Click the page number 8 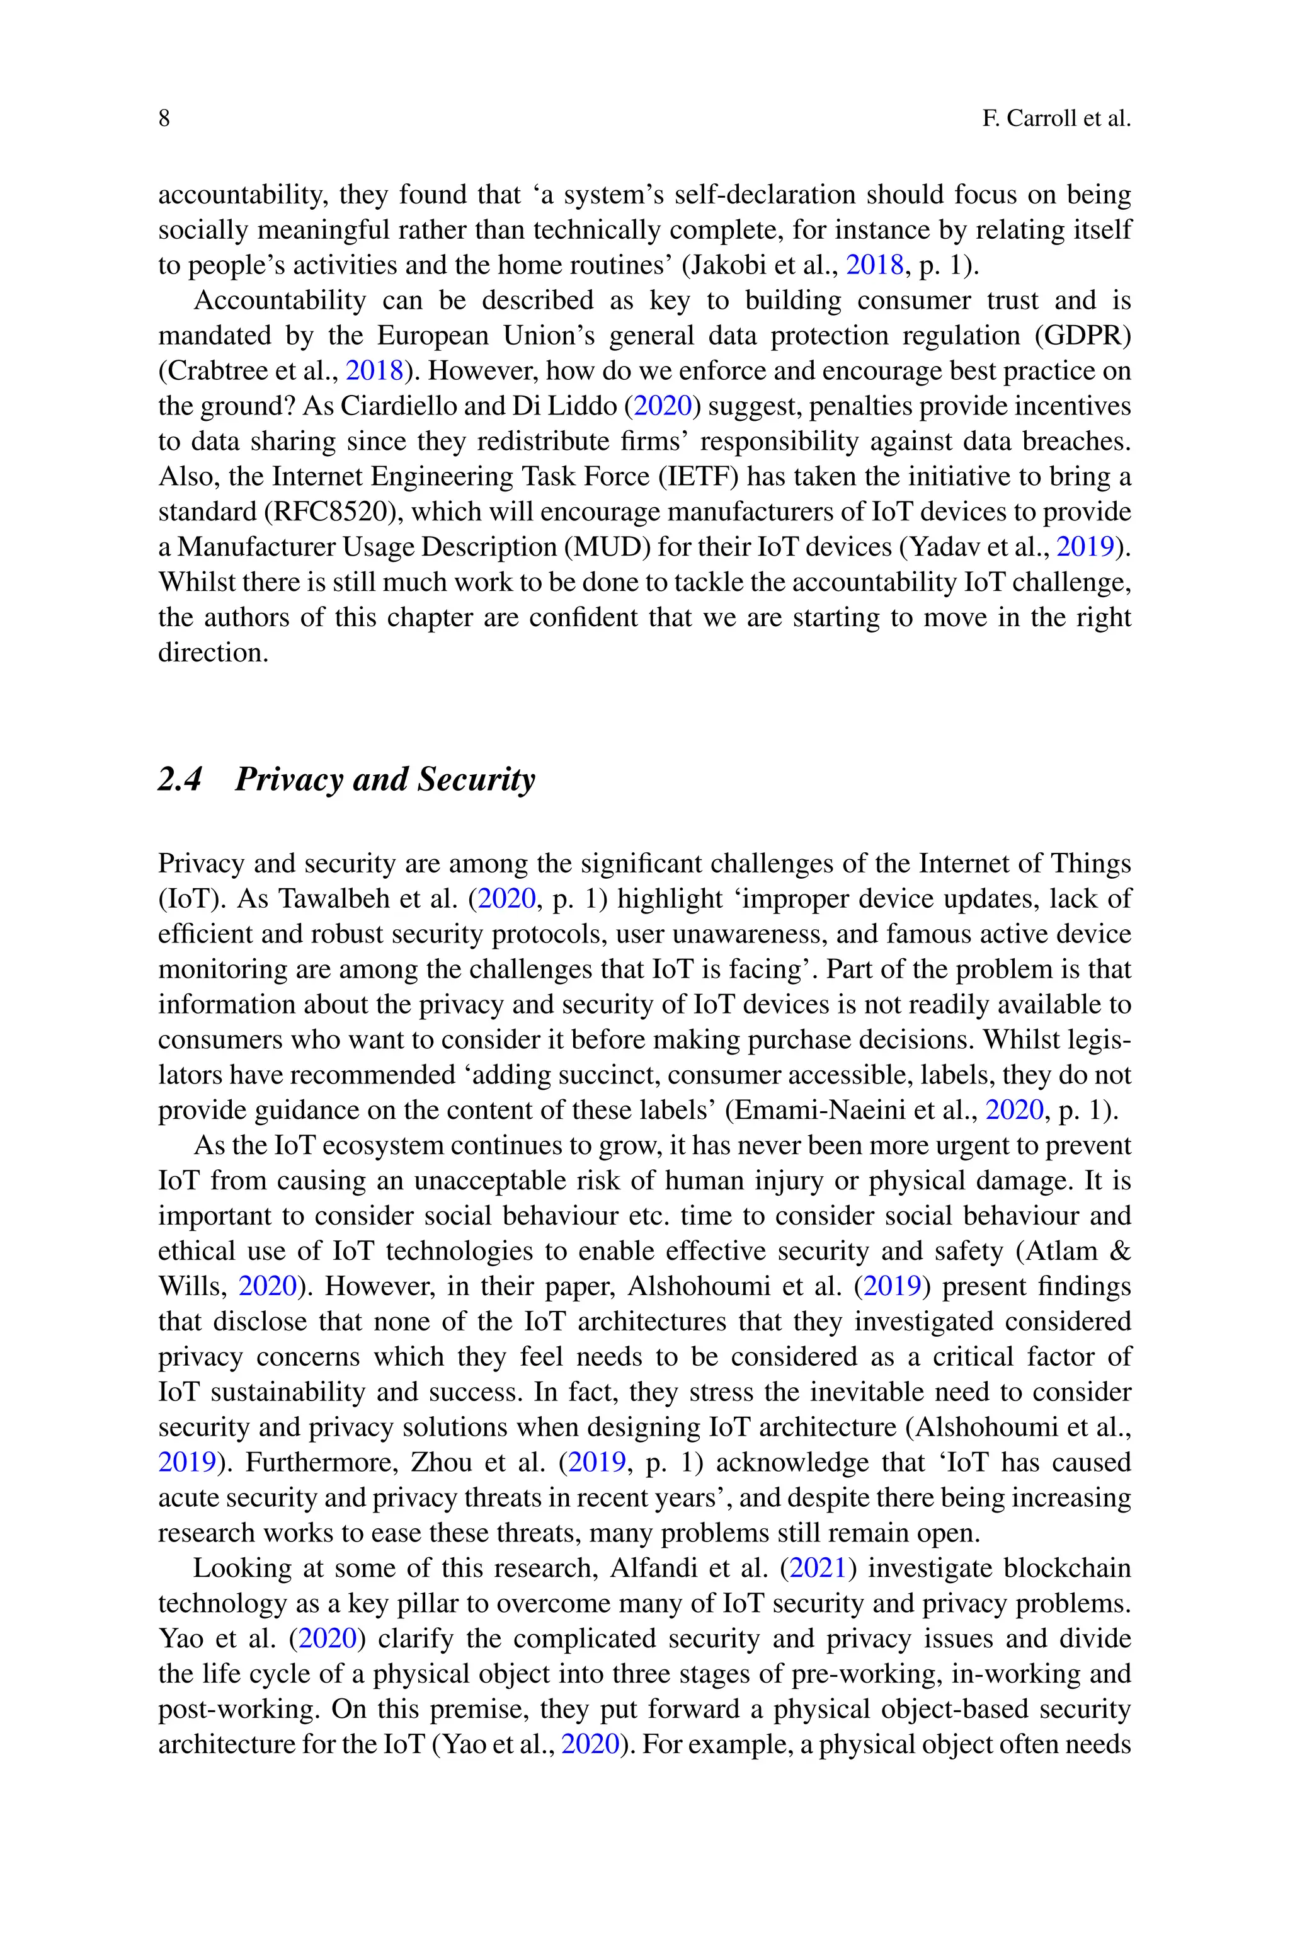point(164,119)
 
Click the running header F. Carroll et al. point(1056,119)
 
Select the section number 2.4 point(180,779)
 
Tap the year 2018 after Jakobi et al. point(874,265)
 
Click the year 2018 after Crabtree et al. point(374,371)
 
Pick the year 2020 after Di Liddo point(662,406)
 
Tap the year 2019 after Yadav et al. point(1084,547)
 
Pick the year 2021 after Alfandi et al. point(818,1569)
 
